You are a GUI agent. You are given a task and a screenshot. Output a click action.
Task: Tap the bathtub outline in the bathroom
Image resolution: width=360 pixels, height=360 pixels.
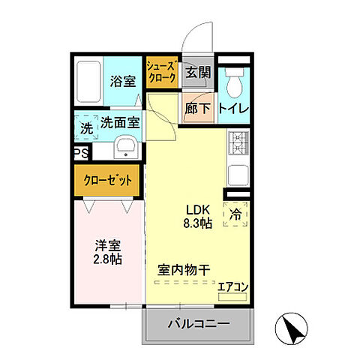pos(88,81)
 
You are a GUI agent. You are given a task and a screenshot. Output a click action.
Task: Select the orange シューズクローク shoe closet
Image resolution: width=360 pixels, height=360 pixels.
pos(162,71)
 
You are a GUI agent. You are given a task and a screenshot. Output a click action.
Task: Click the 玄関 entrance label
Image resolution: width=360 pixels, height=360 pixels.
pos(198,73)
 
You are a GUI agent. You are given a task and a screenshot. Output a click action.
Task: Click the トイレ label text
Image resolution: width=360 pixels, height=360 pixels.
pos(234,107)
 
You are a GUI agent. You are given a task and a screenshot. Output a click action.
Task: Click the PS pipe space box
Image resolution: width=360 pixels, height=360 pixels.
pos(80,154)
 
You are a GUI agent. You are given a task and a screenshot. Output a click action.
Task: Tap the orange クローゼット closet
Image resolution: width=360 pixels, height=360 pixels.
pos(107,181)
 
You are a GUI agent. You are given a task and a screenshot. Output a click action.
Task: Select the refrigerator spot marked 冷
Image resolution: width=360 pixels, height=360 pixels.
pos(236,213)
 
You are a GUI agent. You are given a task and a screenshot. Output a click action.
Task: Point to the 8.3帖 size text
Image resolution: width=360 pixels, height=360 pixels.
pos(198,223)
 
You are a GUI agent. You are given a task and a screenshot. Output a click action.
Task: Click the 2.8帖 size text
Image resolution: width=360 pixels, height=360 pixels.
pos(108,259)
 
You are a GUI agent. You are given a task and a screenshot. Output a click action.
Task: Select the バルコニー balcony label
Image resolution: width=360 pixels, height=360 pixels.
pos(198,325)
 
